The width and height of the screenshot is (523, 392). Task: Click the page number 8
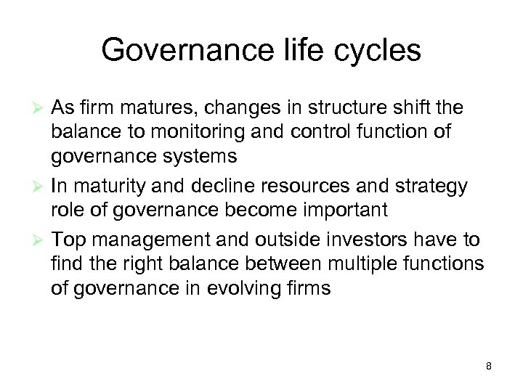pos(489,366)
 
